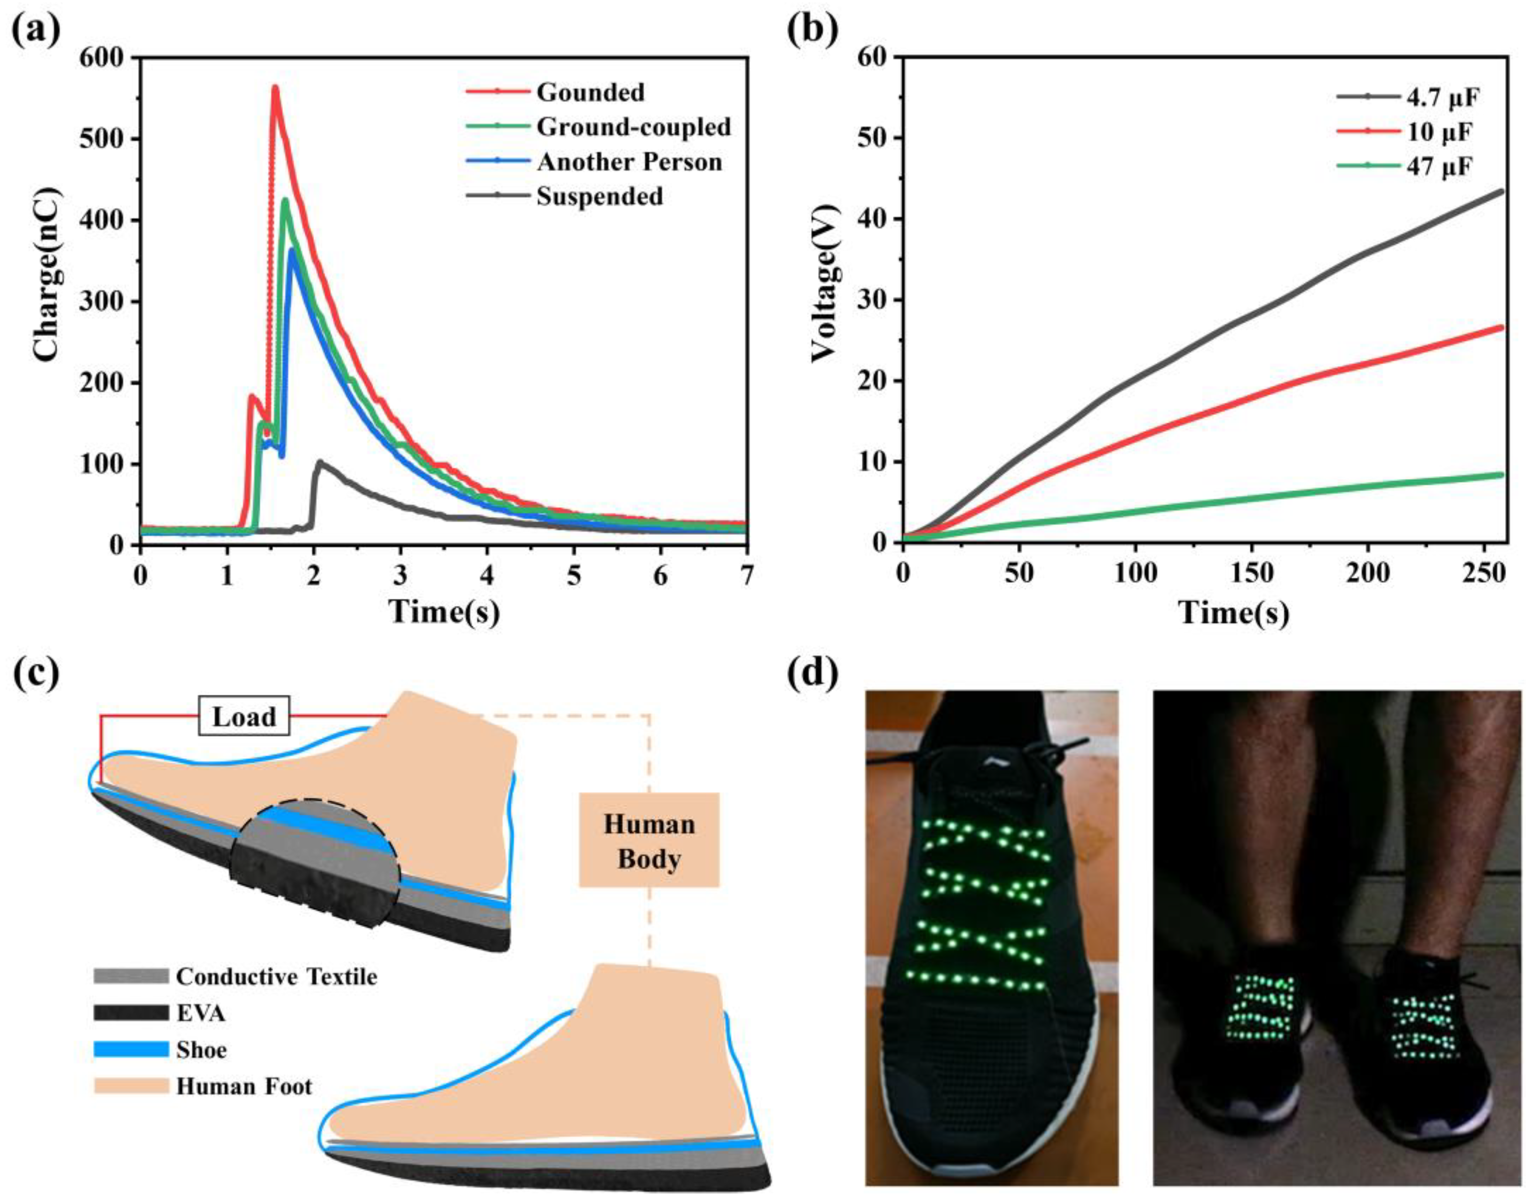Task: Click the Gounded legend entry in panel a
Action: [x=589, y=92]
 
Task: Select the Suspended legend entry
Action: [x=599, y=196]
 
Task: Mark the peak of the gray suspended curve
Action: [x=320, y=462]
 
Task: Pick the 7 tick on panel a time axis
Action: [x=747, y=577]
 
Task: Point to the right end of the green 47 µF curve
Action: [x=1501, y=475]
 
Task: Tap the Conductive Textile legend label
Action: [x=276, y=977]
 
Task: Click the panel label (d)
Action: [x=812, y=674]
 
